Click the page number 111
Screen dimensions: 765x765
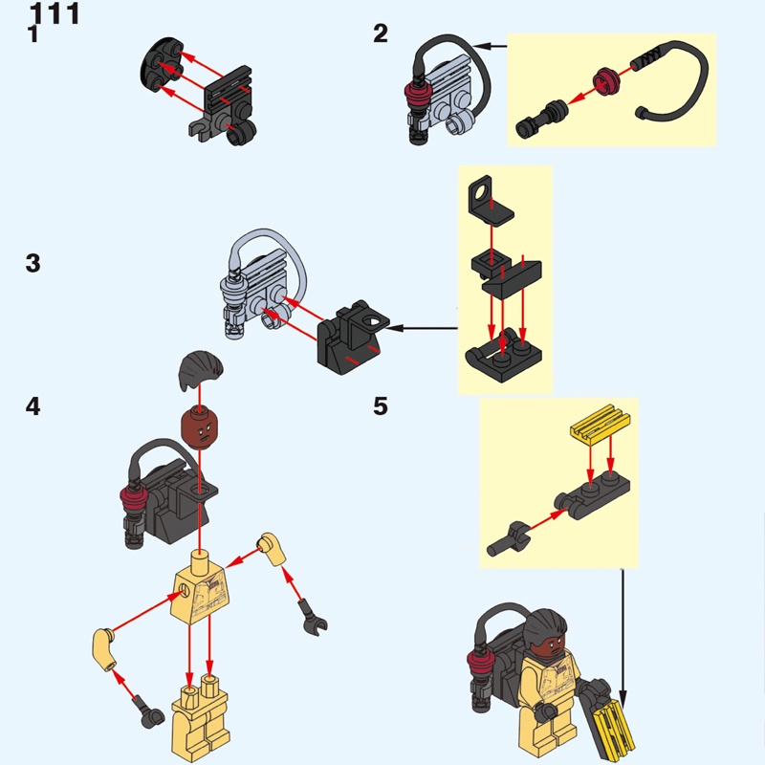click(55, 13)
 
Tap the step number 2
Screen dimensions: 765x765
click(381, 33)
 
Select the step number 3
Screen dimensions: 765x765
click(33, 263)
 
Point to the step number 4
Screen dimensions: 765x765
click(33, 406)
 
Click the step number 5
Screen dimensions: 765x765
click(381, 405)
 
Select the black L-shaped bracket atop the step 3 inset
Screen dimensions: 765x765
click(490, 201)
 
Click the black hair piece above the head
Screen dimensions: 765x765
click(201, 368)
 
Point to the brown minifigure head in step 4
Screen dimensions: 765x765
click(200, 425)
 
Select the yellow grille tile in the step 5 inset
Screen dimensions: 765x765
click(601, 424)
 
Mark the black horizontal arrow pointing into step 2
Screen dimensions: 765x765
click(490, 46)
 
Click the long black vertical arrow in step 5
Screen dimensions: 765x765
click(623, 636)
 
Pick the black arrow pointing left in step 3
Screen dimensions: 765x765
click(421, 328)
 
